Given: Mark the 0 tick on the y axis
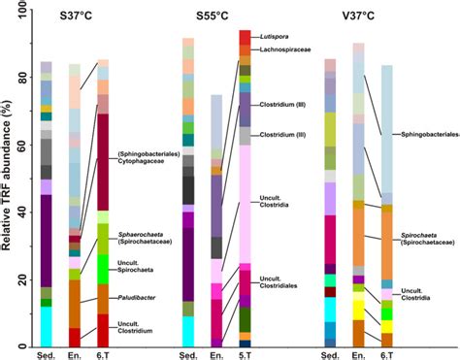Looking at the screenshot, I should (26, 346).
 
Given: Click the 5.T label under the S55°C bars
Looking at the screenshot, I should (245, 353).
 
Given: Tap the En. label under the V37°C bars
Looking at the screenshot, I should (358, 353).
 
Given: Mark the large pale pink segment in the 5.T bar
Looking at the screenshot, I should (245, 204).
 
